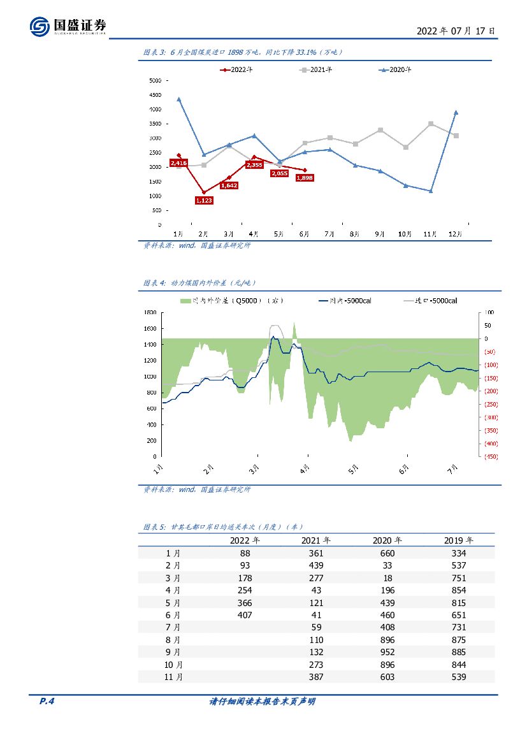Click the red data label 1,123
click(x=205, y=200)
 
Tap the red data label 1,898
click(x=305, y=178)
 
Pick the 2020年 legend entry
click(x=395, y=69)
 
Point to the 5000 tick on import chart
click(x=155, y=81)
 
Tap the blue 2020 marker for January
click(x=179, y=99)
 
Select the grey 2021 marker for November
click(x=431, y=124)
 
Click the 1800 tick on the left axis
click(x=150, y=312)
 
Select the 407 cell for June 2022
click(x=245, y=615)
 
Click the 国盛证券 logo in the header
click(x=68, y=26)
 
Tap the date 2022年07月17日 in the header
click(x=455, y=31)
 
